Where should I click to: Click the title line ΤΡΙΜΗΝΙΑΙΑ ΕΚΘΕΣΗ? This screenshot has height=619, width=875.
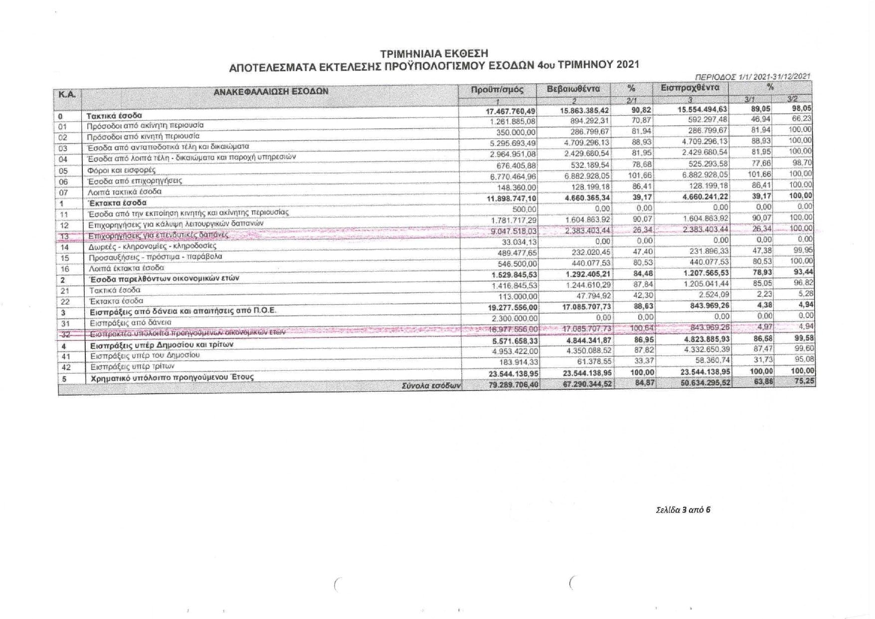coord(434,53)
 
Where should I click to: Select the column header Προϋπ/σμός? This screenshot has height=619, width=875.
coord(497,90)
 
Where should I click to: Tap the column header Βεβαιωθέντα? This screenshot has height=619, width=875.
coord(573,89)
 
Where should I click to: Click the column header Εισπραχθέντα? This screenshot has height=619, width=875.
coord(690,88)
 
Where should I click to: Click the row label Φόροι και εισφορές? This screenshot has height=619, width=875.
coord(122,170)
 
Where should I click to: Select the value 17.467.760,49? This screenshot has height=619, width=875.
coord(511,111)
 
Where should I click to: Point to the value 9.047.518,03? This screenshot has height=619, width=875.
coord(513,231)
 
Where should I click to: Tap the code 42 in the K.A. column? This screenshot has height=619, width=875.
coord(65,368)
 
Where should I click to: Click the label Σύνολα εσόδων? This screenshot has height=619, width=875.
coord(432,385)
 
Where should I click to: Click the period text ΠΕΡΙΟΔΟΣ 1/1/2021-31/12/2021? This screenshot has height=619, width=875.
coord(752,76)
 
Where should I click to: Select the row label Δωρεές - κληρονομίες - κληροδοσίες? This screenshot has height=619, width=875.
coord(153,246)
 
